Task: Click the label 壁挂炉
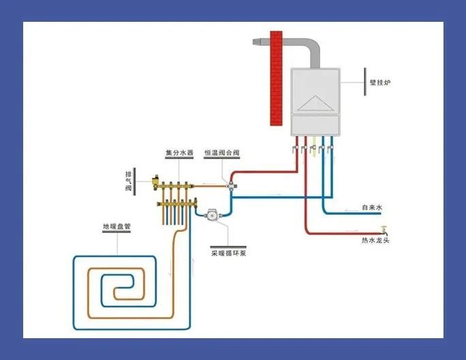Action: pyautogui.click(x=381, y=82)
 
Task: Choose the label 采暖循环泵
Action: pyautogui.click(x=228, y=252)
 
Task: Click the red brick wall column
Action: pyautogui.click(x=275, y=78)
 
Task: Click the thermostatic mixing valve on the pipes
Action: pyautogui.click(x=232, y=185)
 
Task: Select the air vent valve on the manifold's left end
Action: pyautogui.click(x=157, y=181)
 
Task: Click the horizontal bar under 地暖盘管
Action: pyautogui.click(x=117, y=233)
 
